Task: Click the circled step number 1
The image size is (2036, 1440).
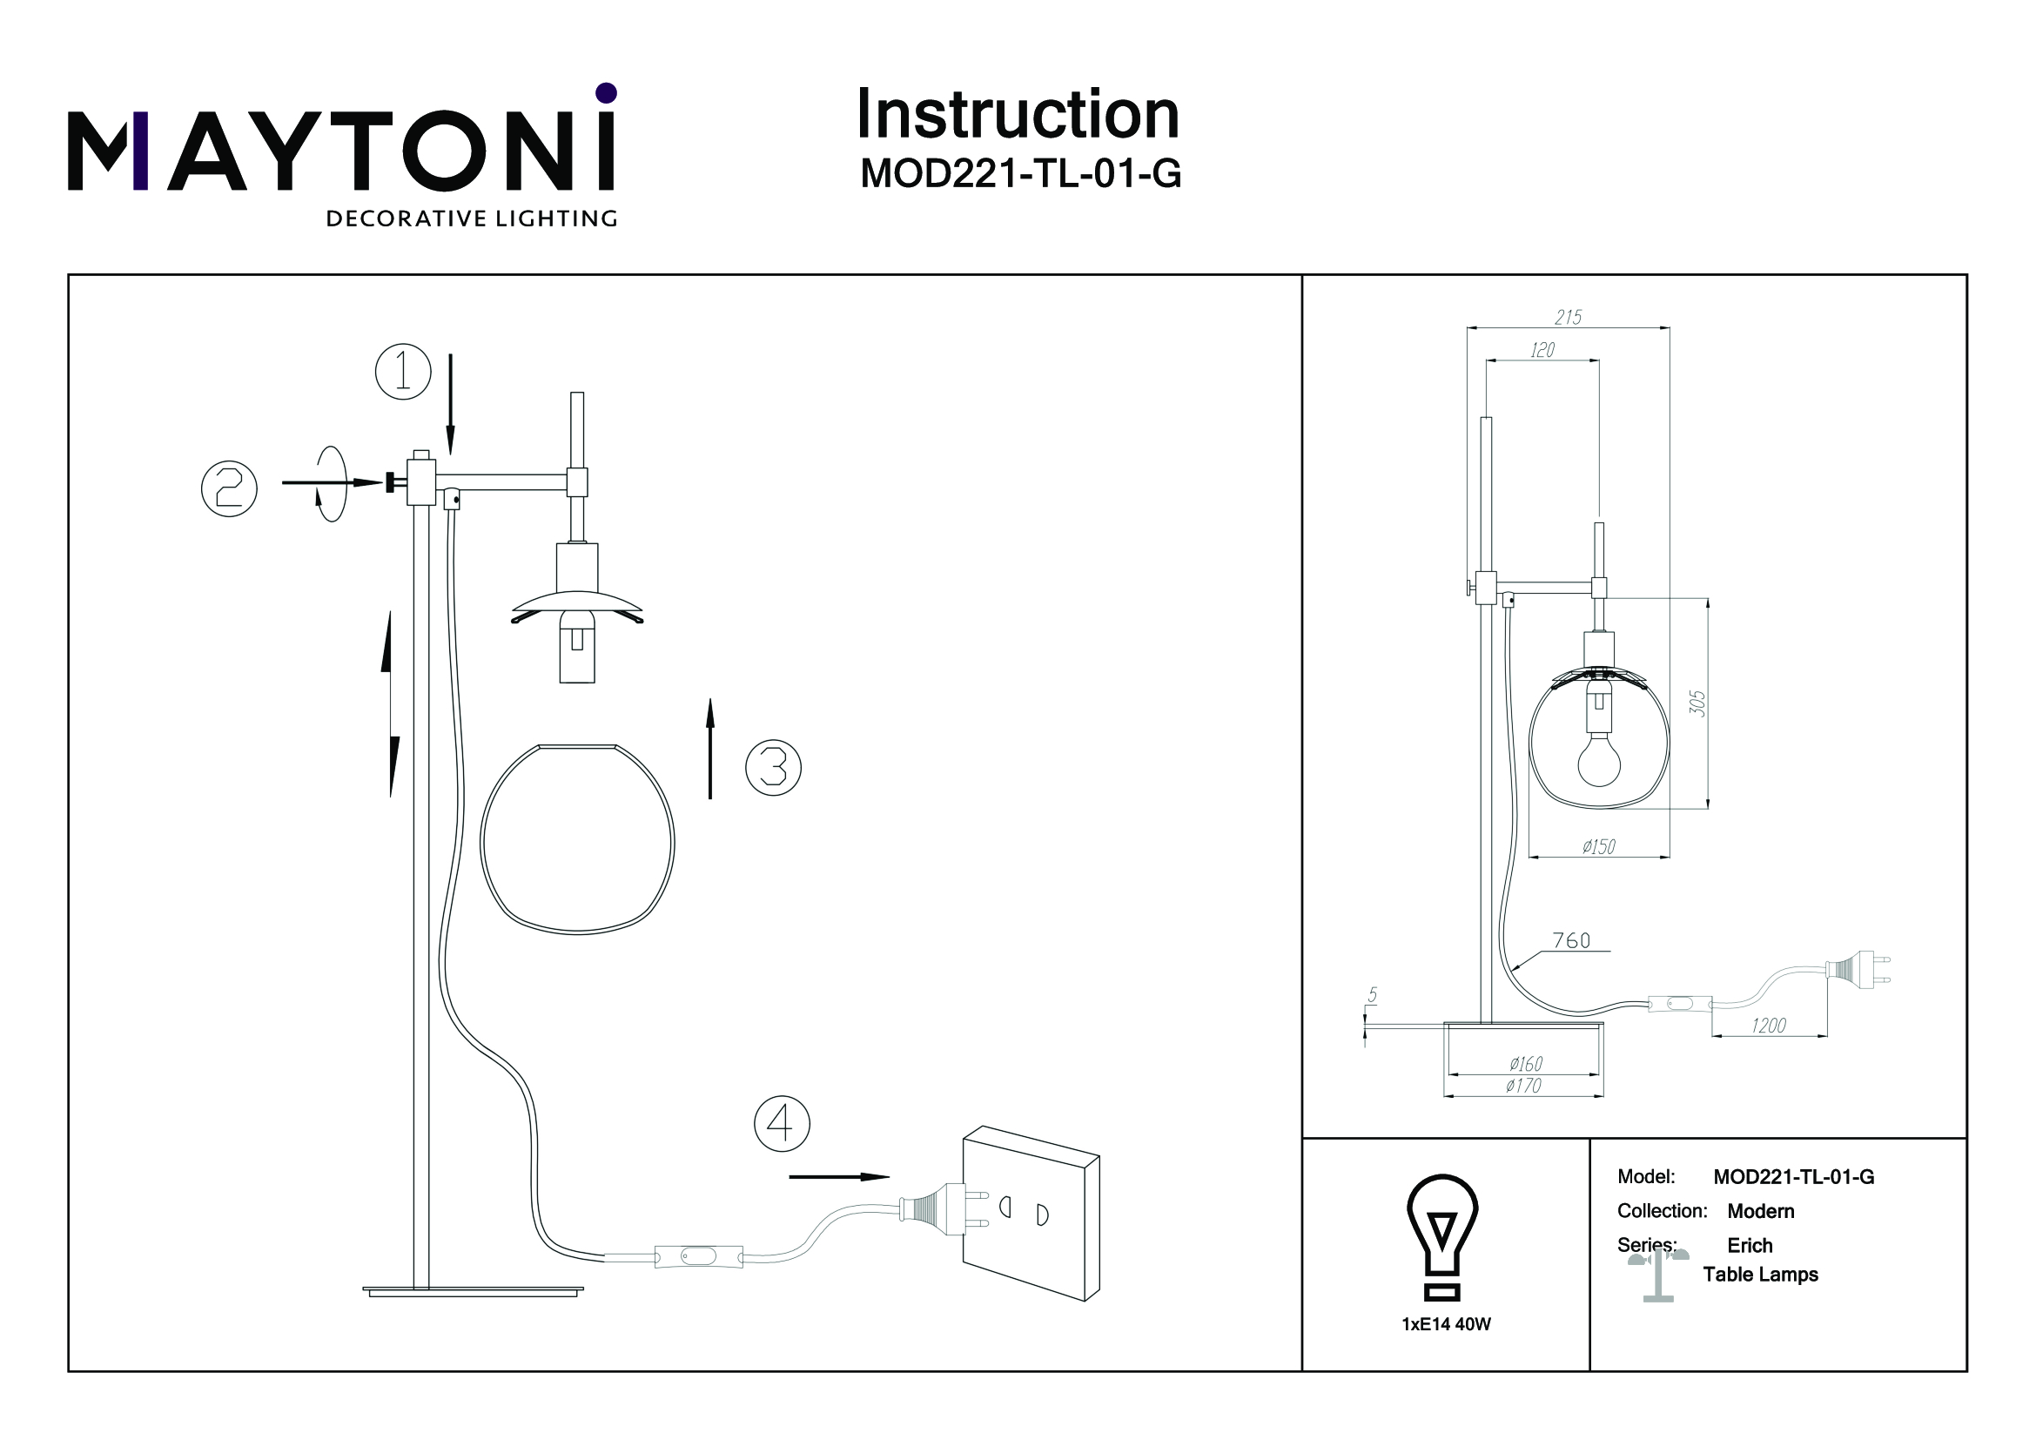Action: coord(403,372)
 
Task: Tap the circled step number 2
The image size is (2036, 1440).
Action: coord(229,488)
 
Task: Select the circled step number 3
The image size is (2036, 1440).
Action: coord(773,767)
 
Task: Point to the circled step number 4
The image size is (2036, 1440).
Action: coord(781,1124)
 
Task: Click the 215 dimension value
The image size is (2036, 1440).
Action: coord(1568,318)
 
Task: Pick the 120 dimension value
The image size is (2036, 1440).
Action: coord(1542,351)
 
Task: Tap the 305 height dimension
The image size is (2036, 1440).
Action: coord(1697,703)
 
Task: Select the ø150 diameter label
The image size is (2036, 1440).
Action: coord(1599,847)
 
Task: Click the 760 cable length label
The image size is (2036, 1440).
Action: coord(1571,941)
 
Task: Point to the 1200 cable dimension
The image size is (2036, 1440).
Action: coord(1768,1026)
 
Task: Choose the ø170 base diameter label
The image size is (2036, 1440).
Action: coord(1523,1086)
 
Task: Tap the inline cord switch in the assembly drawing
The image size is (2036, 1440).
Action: coord(697,1256)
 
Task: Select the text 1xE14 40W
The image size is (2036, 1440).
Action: coord(1447,1324)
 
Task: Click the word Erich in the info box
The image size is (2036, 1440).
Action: coord(1750,1246)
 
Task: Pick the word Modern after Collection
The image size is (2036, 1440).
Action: coord(1760,1211)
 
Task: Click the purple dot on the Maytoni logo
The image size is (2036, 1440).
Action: coord(607,92)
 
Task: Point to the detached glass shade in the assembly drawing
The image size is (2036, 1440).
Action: coord(577,838)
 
